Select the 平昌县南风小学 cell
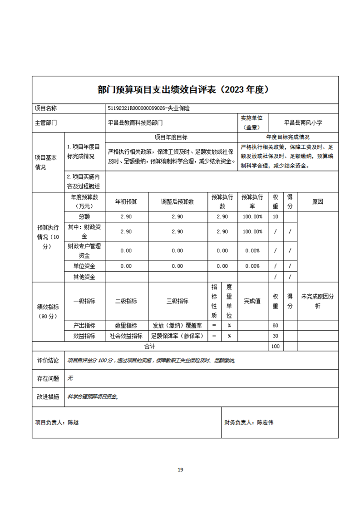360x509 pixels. coord(303,122)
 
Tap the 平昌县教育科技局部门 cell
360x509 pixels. coord(135,122)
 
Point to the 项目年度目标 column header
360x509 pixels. coord(171,137)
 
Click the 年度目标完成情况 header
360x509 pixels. coord(288,137)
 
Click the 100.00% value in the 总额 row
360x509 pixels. coord(252,217)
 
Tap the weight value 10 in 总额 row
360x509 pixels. coord(275,217)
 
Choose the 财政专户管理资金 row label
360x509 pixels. coord(84,250)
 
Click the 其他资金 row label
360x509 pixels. coord(84,277)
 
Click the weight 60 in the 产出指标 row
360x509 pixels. coord(275,325)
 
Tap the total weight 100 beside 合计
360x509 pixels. coord(275,347)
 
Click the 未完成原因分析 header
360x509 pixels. coord(317,301)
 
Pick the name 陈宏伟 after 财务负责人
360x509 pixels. coord(265,422)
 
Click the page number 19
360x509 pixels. coord(180,470)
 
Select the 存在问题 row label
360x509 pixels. coord(48,377)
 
